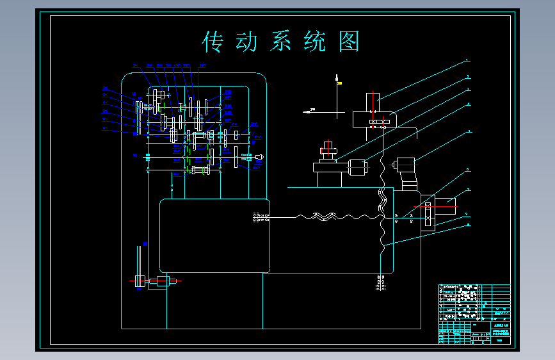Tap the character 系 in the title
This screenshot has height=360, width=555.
(x=280, y=42)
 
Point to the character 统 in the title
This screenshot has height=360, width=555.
(x=313, y=42)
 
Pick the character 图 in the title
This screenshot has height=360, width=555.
(x=348, y=42)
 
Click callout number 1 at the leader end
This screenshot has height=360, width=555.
(x=467, y=60)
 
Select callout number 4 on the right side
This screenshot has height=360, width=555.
(x=468, y=104)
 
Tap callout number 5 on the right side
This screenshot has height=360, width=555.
(x=468, y=131)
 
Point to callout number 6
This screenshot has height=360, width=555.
(x=468, y=170)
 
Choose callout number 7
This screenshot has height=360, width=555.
(x=468, y=190)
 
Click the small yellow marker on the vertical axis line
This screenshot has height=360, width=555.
(x=339, y=83)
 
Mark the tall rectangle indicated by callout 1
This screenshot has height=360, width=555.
(x=373, y=102)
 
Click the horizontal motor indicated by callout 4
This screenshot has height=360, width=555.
(x=357, y=168)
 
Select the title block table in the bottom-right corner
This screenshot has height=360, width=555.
(x=474, y=314)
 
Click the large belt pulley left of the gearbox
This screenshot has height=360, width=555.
(x=138, y=117)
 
